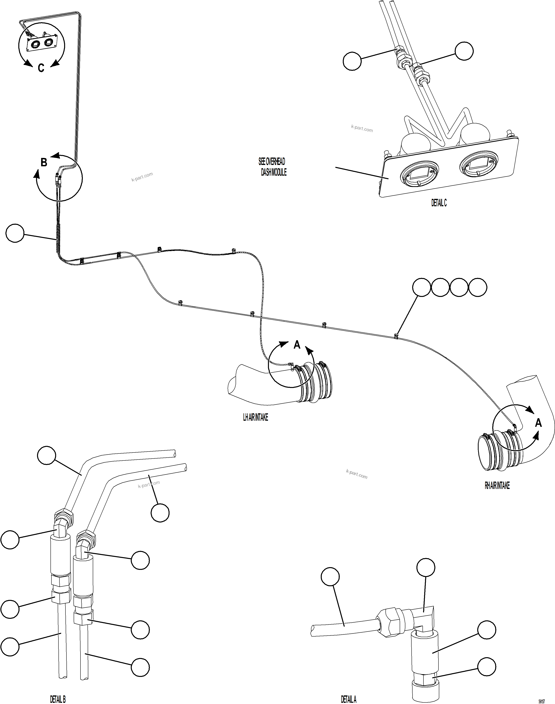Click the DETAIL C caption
(x=439, y=203)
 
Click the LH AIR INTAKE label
(x=255, y=417)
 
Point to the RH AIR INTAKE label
(x=497, y=486)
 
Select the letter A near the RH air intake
(x=538, y=423)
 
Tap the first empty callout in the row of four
(x=422, y=287)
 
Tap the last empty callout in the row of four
(x=478, y=287)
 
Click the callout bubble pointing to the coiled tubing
(x=15, y=233)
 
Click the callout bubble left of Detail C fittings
(x=352, y=61)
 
